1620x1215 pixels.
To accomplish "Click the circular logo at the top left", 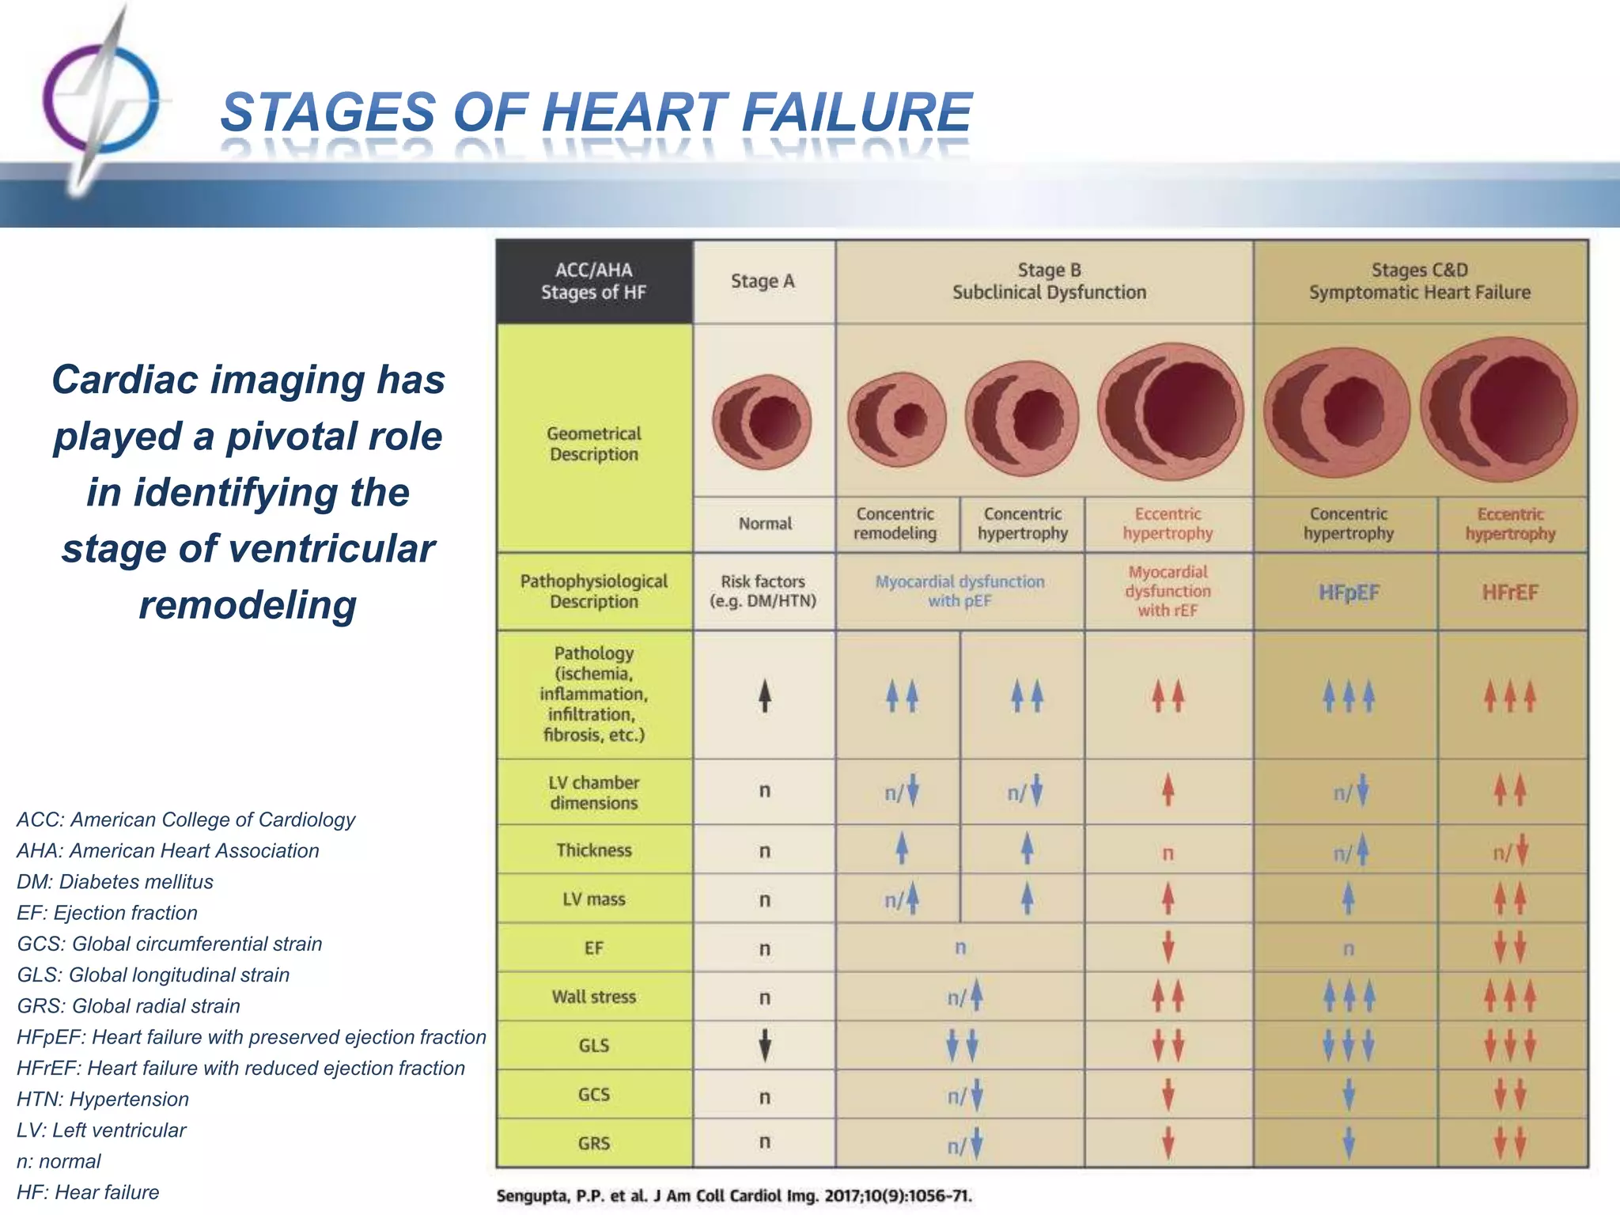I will coord(100,99).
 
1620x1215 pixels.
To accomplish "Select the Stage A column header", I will coord(763,282).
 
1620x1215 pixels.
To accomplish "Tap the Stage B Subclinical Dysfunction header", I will coord(1048,282).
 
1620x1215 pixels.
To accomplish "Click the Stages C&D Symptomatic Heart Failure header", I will coord(1419,282).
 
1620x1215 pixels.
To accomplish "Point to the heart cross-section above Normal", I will coord(763,421).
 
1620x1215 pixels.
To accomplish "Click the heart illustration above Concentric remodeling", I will coord(897,418).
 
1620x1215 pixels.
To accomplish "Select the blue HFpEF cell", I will coord(1349,592).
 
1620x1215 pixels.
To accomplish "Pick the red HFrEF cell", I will coord(1510,592).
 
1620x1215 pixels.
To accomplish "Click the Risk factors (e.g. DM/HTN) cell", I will coord(763,591).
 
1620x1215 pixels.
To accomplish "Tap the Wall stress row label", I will coord(594,997).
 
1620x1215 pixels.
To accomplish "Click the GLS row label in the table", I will coord(594,1046).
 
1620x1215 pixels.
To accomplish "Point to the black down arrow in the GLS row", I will coord(764,1045).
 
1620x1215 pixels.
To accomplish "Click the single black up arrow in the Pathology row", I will coord(764,696).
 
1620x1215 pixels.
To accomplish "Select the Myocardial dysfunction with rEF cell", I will coord(1168,591).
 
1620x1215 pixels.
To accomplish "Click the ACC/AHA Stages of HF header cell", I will coord(594,282).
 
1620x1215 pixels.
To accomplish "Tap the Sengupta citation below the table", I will coord(734,1195).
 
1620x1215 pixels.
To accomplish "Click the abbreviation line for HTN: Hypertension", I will coord(103,1099).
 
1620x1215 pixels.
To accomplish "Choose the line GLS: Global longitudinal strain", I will coord(153,975).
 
